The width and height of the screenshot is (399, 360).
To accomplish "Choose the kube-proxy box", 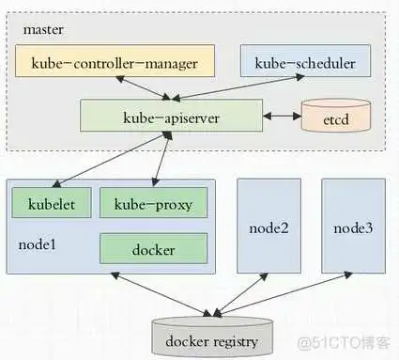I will [x=152, y=203].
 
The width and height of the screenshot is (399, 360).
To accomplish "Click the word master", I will [x=44, y=29].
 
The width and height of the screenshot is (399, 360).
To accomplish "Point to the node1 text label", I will [x=38, y=246].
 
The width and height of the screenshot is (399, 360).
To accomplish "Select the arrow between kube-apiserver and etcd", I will [x=281, y=116].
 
